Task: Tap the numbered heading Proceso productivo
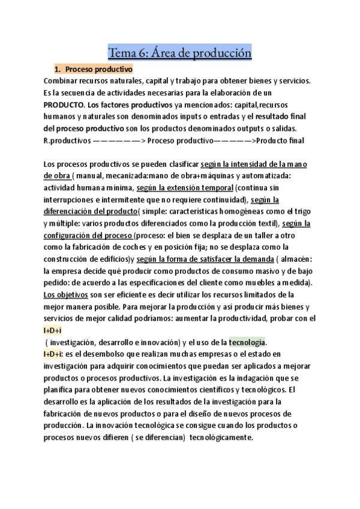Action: click(98, 70)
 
